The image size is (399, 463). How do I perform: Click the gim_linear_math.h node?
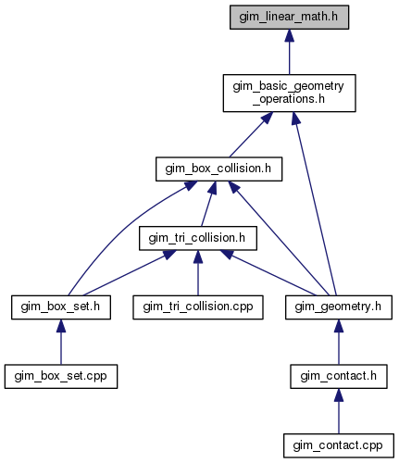289,18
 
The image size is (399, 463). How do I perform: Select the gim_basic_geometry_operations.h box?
289,93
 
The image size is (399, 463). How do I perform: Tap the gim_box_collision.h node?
218,169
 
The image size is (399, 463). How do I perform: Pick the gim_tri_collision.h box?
198,238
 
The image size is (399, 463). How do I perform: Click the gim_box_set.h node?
61,307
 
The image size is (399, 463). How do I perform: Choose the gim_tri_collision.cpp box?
198,307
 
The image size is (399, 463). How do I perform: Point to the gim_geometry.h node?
339,307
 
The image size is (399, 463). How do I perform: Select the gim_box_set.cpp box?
61,377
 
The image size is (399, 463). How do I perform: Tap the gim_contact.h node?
339,377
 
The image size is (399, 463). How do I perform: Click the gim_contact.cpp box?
339,445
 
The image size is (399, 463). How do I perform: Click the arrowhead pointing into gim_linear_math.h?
289,35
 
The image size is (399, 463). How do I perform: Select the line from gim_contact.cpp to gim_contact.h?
339,411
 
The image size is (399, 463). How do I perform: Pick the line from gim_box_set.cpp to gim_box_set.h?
61,342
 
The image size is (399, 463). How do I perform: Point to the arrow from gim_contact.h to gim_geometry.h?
339,342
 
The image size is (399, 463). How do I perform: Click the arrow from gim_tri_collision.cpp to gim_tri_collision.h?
198,273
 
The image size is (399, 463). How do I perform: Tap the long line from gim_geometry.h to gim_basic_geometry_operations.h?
315,204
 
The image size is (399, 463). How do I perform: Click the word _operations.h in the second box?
289,99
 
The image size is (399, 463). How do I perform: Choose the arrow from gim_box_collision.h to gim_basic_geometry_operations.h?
251,134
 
